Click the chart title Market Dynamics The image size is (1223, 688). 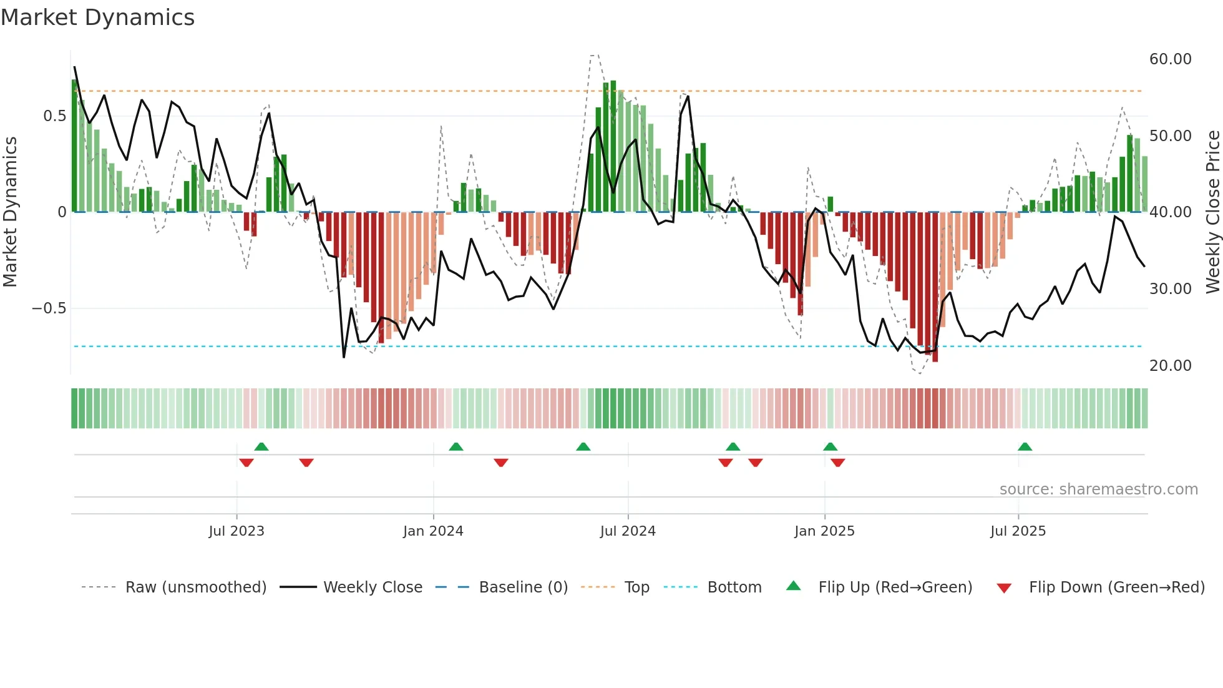tap(97, 17)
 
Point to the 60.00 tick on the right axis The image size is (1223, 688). tap(1170, 59)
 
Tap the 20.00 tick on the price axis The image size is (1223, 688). tap(1170, 366)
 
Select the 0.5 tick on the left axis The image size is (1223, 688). tap(54, 116)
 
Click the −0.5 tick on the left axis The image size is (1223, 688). tap(49, 308)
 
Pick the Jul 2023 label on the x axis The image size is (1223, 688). tap(236, 531)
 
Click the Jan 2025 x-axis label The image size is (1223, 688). tap(824, 531)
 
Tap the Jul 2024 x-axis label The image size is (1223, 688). tap(628, 531)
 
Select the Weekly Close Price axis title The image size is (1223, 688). tap(1212, 212)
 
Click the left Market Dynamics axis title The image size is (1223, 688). tap(10, 212)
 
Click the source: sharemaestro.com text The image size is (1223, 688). tap(1098, 489)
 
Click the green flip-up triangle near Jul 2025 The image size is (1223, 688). tap(1025, 447)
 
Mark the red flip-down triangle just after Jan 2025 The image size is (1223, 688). tap(838, 463)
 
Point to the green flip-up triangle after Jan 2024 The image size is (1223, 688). tap(456, 447)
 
